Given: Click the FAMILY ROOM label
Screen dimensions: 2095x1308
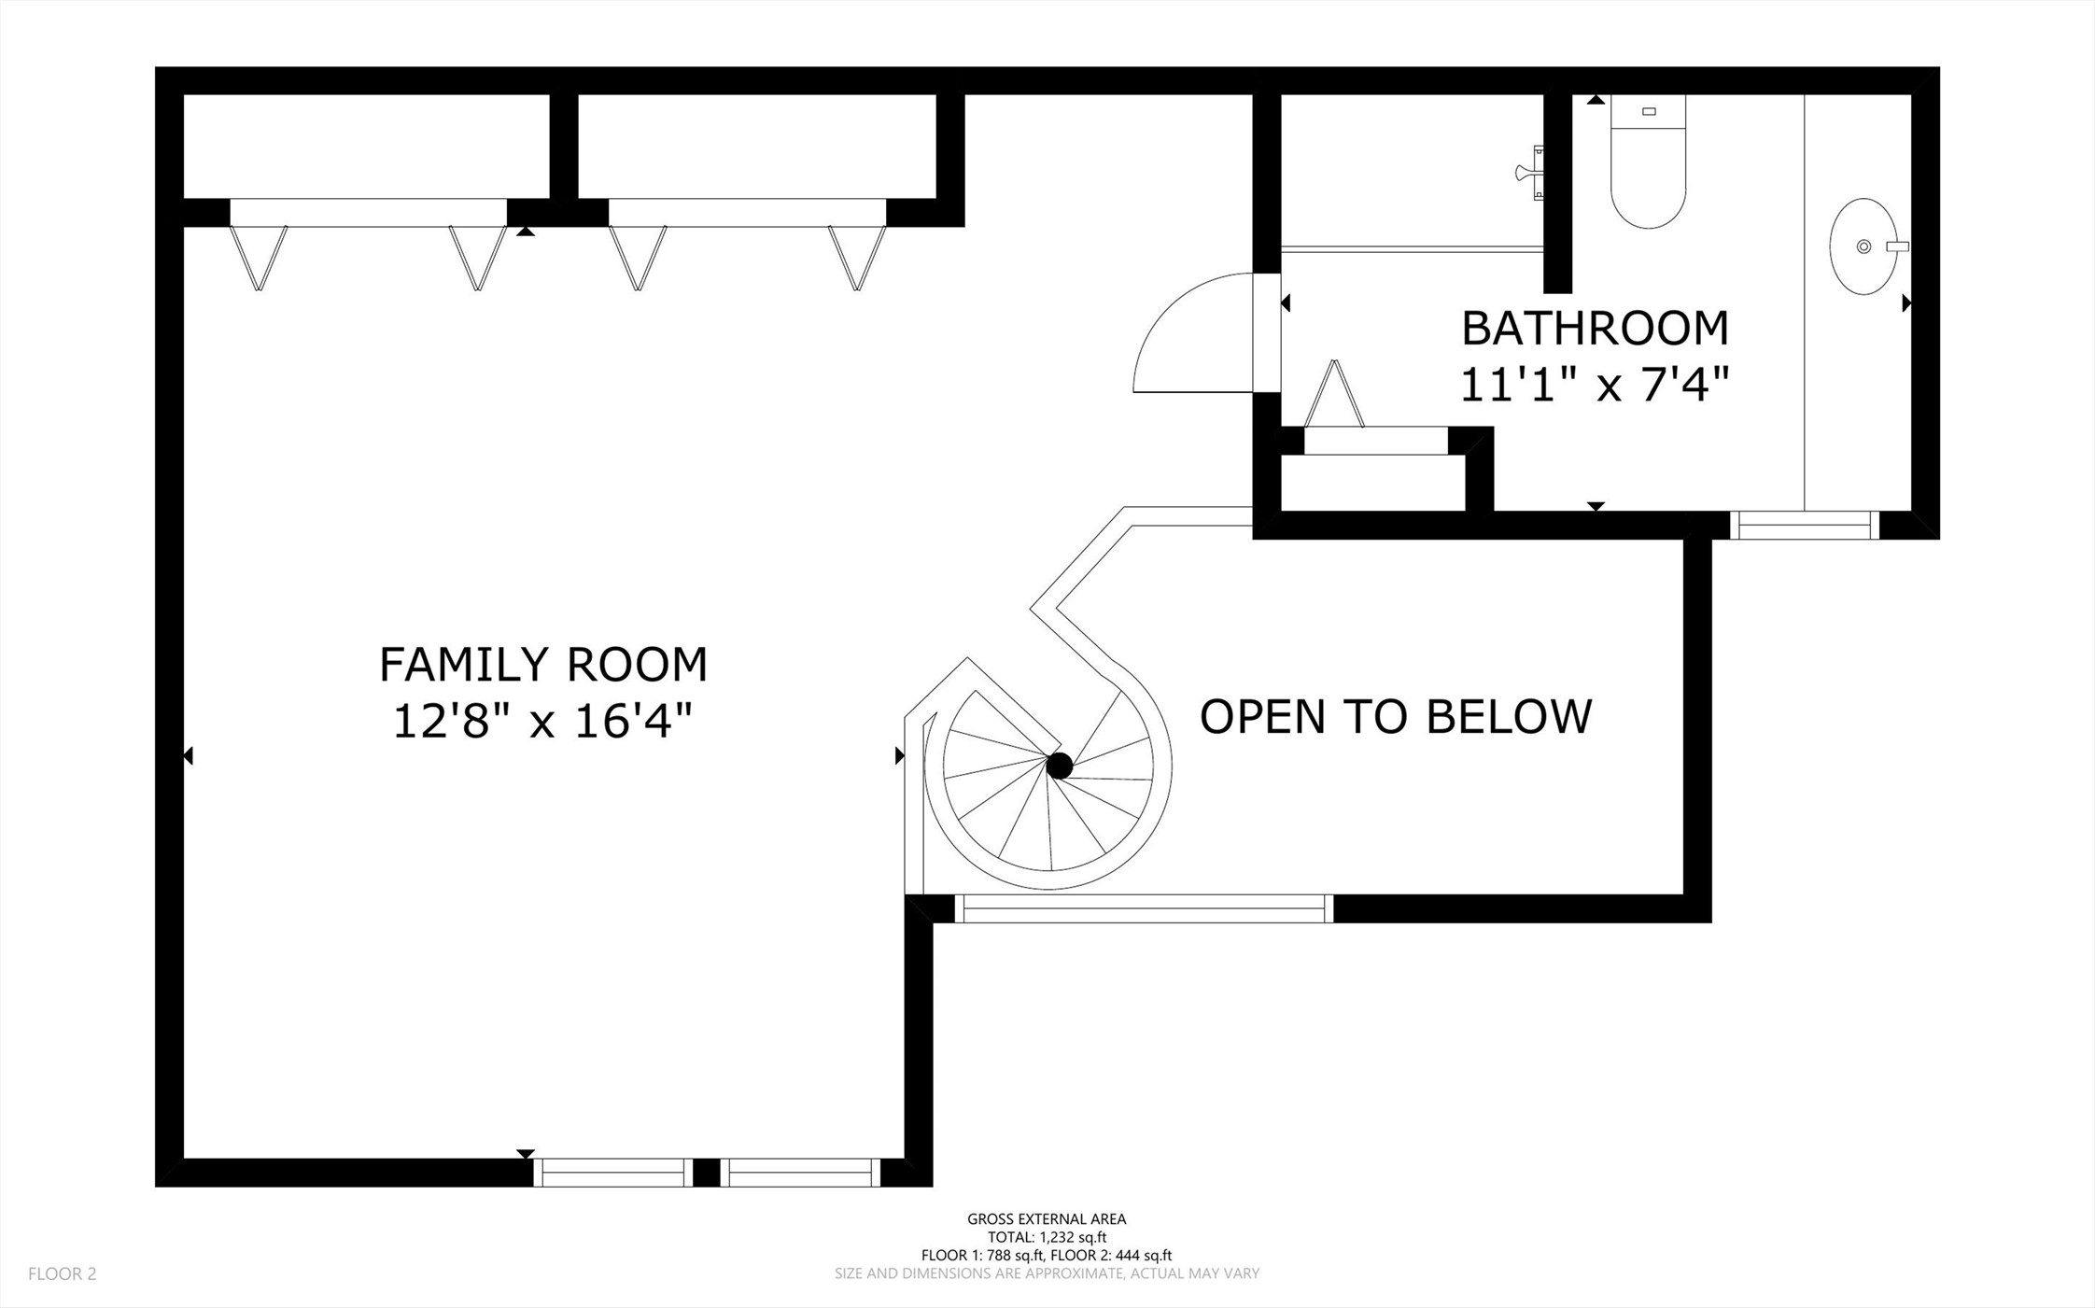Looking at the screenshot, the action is click(543, 665).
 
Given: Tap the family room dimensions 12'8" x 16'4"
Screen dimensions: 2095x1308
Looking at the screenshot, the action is click(543, 721).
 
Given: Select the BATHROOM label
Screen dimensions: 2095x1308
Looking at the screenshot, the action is click(1595, 328).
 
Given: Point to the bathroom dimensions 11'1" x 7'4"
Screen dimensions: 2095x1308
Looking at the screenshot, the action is click(1595, 384).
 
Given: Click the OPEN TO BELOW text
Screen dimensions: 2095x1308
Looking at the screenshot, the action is click(1396, 716).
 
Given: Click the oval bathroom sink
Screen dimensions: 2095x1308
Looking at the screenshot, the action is click(1863, 246).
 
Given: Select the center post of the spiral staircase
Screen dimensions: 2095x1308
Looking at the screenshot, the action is click(1060, 767).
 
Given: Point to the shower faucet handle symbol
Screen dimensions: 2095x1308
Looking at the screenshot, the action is click(1530, 172).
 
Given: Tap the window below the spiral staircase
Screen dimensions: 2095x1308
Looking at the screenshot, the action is click(1145, 908).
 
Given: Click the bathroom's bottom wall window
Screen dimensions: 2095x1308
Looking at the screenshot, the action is click(1804, 525).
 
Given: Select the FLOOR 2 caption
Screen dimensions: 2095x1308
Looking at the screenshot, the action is click(63, 1273).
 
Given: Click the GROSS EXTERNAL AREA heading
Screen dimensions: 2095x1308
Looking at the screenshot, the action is click(1047, 1218).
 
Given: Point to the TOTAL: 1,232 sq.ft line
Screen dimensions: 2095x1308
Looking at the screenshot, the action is click(1047, 1237).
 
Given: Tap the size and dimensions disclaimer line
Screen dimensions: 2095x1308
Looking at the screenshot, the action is click(1047, 1273).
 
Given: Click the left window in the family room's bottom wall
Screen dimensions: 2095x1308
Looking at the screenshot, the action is click(612, 1173).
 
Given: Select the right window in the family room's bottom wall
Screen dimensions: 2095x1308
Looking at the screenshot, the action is click(801, 1173).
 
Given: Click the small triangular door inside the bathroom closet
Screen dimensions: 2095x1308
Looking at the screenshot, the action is click(1335, 395).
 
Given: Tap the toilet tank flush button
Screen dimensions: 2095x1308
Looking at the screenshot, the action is click(1649, 112).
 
